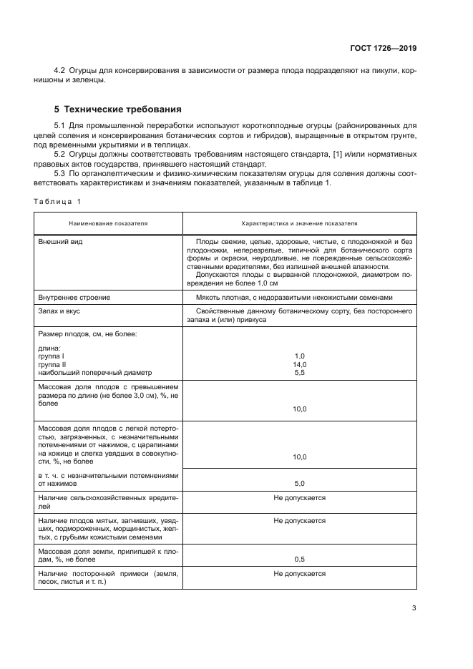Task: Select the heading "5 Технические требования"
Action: (x=118, y=109)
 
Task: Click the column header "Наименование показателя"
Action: (x=108, y=223)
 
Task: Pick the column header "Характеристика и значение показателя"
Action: (x=300, y=223)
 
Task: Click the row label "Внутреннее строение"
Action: (x=74, y=297)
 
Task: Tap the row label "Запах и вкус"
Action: (x=62, y=312)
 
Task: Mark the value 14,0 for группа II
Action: (x=300, y=364)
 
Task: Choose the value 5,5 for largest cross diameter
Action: (x=300, y=372)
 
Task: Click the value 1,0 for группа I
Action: (x=300, y=356)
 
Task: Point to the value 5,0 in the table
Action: (x=300, y=483)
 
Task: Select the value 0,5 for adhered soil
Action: (x=300, y=559)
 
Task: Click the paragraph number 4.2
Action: (x=60, y=72)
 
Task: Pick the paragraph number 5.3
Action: (x=60, y=174)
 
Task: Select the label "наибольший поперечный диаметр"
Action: (x=94, y=372)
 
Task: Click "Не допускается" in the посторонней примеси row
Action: (x=300, y=574)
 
